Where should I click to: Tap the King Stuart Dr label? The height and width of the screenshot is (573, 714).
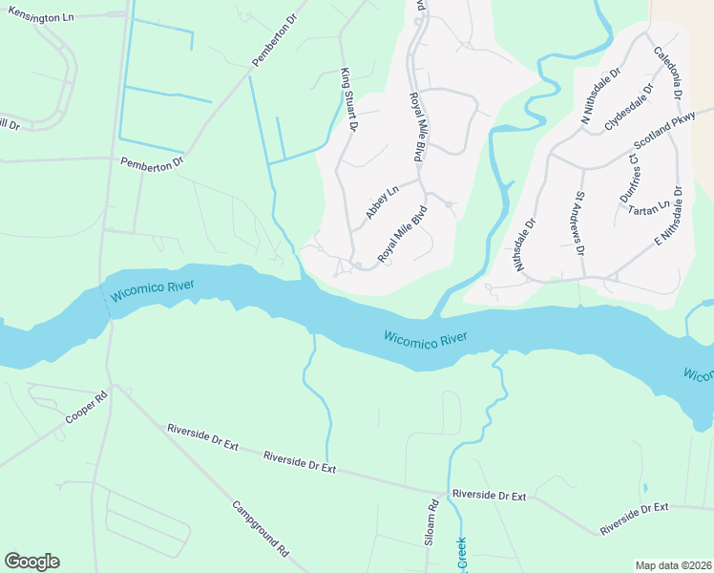(347, 99)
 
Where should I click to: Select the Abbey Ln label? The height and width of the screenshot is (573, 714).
(381, 203)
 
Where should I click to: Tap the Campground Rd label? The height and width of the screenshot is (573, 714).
(261, 528)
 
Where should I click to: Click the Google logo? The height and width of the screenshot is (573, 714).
(31, 562)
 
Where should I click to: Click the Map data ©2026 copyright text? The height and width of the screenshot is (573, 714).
(673, 565)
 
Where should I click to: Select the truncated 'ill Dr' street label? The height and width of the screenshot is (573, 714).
(9, 124)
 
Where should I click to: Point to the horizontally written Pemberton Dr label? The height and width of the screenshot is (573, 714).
(151, 164)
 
